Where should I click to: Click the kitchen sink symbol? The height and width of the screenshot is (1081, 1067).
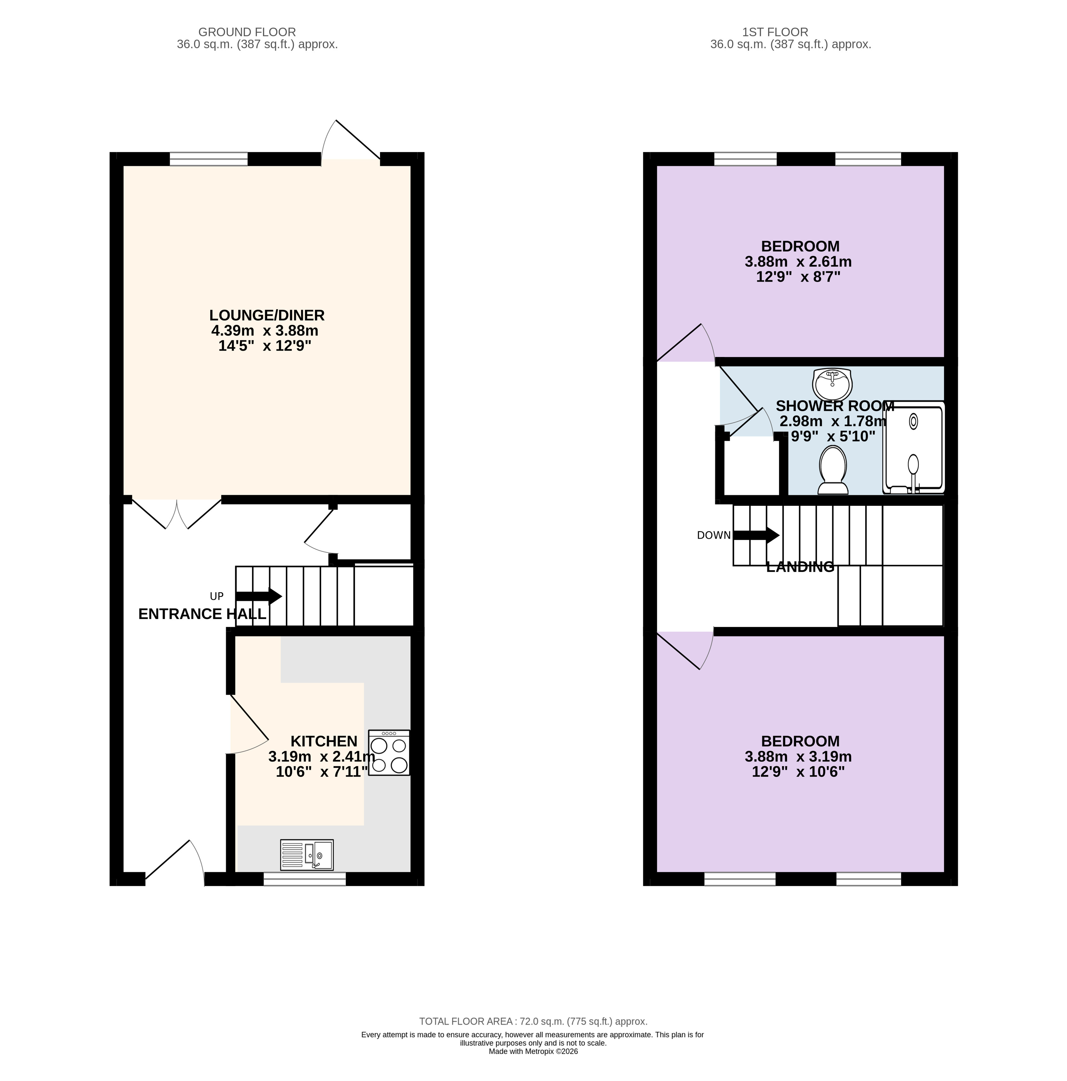coord(306,854)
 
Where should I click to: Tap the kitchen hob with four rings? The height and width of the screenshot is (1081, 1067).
coord(389,752)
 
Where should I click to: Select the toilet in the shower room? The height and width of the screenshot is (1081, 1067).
coord(832,470)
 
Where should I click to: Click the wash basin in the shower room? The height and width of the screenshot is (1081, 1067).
coord(832,383)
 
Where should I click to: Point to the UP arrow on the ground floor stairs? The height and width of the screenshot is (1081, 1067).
coord(259,596)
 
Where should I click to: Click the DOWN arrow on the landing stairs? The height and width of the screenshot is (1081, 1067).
coord(756,535)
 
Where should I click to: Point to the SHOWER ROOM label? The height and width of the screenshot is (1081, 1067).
coord(835,406)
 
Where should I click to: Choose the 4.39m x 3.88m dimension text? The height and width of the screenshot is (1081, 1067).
coord(265,331)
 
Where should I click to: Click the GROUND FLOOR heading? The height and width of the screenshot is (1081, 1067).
coord(247,32)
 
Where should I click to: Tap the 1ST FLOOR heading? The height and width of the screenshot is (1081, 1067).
coord(775,32)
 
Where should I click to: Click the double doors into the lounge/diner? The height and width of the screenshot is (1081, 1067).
coord(177,512)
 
